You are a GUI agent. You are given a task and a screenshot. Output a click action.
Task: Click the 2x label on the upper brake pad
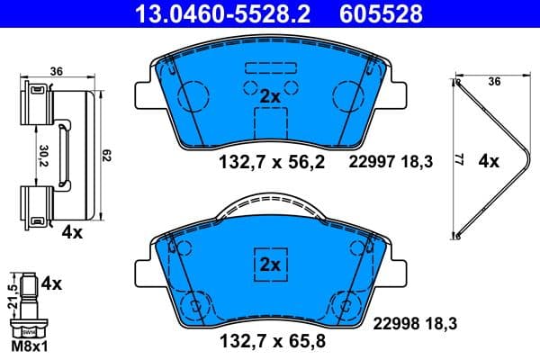tap(271, 95)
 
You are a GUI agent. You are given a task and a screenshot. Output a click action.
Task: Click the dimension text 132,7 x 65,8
tap(273, 341)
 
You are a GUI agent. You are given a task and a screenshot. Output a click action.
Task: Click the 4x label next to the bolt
tap(52, 284)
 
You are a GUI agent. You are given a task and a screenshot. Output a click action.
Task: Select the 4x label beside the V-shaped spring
tap(489, 162)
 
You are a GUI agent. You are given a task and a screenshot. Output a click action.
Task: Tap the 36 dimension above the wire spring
tap(492, 80)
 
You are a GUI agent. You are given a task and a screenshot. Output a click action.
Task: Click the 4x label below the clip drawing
tap(72, 232)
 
